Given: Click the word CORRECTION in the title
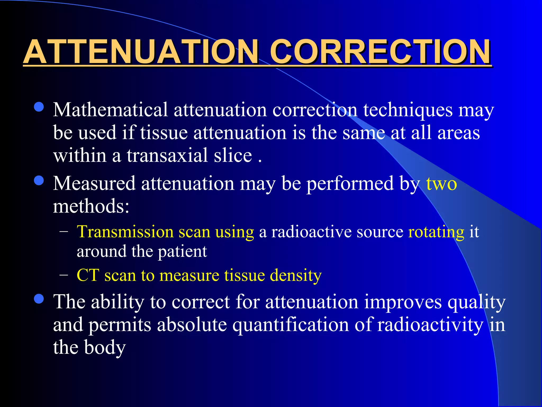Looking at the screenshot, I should click(x=380, y=52).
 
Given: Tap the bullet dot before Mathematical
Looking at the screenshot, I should click(x=39, y=107).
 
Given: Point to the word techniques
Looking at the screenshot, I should click(x=408, y=110).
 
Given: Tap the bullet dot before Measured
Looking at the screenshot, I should click(x=39, y=181).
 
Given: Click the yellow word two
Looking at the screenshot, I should click(x=441, y=183).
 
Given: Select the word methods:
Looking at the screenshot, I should click(x=91, y=206).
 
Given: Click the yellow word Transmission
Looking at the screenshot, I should click(x=125, y=232).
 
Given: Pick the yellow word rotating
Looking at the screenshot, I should click(x=436, y=232).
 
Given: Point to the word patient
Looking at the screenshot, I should click(x=182, y=252).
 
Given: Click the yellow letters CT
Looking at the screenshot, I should click(x=88, y=275).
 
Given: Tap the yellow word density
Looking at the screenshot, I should click(x=296, y=276).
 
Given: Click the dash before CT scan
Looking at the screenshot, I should click(x=64, y=275).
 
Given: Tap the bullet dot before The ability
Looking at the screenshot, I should click(x=39, y=299).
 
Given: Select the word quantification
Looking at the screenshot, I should click(x=291, y=325).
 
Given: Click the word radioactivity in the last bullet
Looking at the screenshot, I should click(x=430, y=325).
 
